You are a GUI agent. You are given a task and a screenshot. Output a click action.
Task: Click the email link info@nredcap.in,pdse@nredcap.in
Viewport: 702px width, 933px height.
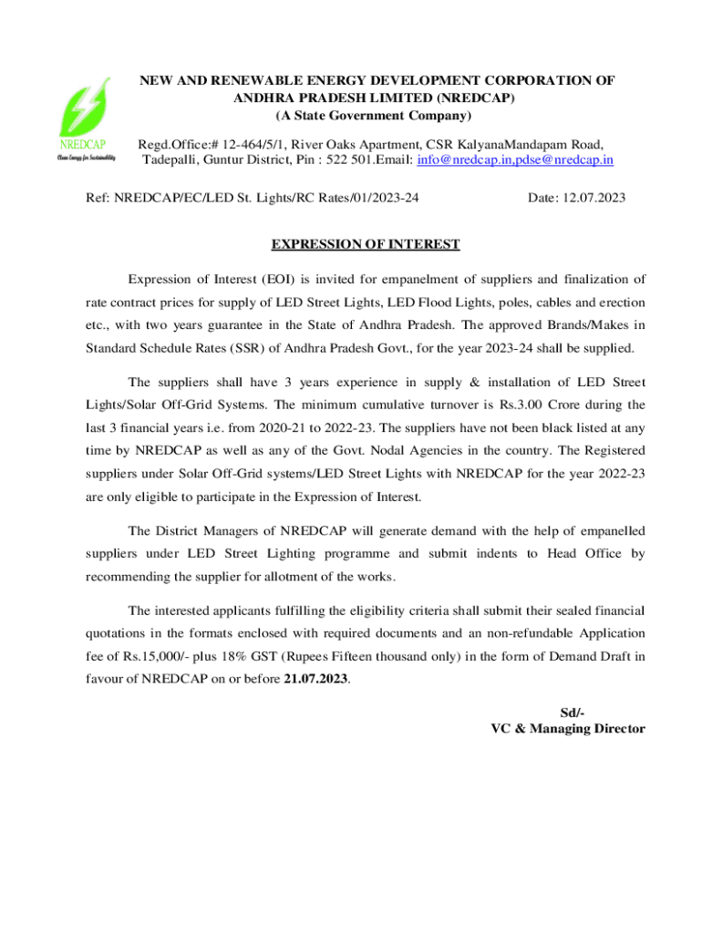click(x=515, y=160)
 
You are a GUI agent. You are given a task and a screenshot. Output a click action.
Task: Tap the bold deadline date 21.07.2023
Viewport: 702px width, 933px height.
click(x=315, y=680)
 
